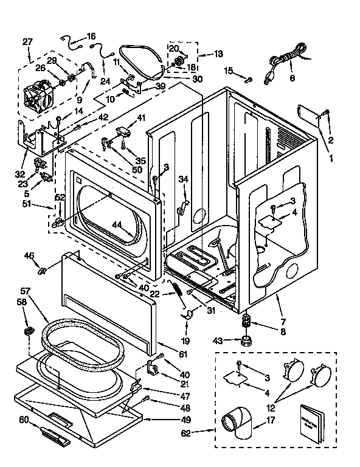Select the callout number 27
click(27, 42)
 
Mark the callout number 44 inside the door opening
click(117, 224)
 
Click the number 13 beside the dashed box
click(218, 54)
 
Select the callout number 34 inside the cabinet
click(184, 179)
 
